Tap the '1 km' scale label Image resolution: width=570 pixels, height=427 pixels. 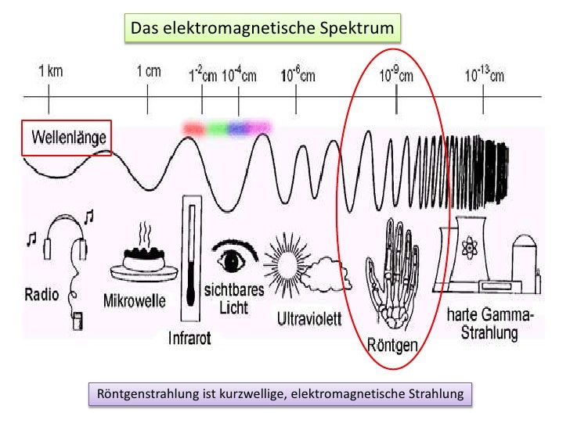click(50, 71)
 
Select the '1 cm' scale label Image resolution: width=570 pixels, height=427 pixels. click(148, 71)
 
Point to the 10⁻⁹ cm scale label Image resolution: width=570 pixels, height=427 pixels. click(396, 75)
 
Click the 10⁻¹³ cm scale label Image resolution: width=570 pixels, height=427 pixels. click(485, 75)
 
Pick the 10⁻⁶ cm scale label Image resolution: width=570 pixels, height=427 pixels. click(298, 76)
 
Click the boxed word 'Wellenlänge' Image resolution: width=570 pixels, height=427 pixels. click(67, 140)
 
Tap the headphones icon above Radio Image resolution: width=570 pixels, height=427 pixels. click(63, 239)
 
